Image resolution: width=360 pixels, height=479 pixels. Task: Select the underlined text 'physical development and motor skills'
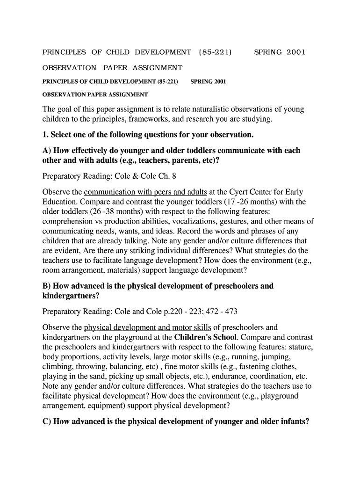(x=147, y=327)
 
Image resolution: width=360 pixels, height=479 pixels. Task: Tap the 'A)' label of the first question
(x=48, y=151)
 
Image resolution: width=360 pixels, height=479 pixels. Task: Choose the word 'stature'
(x=299, y=347)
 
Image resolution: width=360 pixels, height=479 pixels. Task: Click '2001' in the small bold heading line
(x=220, y=81)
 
